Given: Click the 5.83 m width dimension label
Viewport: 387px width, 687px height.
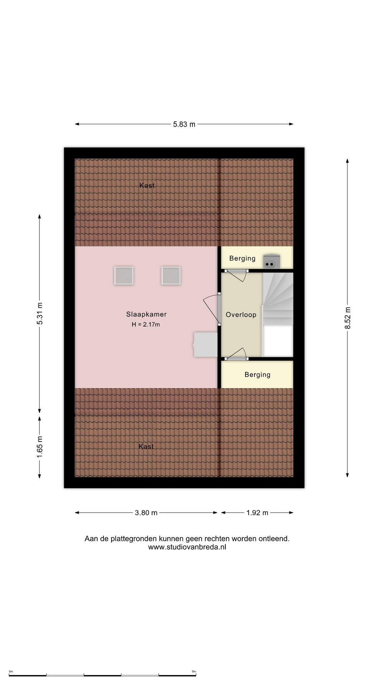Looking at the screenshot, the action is pos(184,124).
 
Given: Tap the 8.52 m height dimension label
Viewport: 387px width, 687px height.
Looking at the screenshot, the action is pos(348,318).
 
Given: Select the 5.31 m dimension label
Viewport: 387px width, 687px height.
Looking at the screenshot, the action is pos(40,313).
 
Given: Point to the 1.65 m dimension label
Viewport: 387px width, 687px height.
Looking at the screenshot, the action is pos(40,447).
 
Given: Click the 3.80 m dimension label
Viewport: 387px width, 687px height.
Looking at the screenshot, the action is pos(146,513).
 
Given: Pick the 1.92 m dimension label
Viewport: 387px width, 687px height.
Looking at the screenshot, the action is pos(257,513).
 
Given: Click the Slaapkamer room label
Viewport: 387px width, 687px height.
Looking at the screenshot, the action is pos(146,314).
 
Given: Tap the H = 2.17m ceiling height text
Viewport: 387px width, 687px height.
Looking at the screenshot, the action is pos(146,325).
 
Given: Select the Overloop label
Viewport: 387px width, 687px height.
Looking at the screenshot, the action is pos(241,315).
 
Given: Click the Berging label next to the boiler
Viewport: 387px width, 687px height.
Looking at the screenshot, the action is pos(242,258).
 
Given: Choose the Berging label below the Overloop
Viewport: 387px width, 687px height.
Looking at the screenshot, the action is pos(257,375).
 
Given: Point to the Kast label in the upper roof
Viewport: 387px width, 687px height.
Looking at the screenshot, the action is pos(147,185).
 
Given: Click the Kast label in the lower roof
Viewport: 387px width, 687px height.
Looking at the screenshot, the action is pos(146,447).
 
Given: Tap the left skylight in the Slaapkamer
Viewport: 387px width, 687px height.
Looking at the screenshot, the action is pos(124,276).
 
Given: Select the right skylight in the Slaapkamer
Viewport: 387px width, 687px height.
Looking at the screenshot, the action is pos(171,276).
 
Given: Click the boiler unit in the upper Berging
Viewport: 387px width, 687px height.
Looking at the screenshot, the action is pos(271,261).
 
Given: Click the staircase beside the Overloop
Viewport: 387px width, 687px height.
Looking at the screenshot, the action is pos(278,299).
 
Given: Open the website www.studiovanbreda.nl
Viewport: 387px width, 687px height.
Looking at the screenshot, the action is pos(187,547).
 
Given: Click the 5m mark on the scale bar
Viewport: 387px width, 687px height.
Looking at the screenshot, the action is pos(194,672).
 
